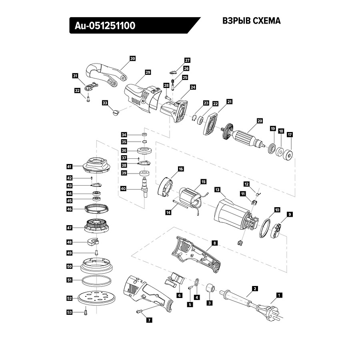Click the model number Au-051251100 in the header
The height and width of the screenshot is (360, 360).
coord(105,26)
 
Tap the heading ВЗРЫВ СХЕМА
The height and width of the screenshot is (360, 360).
coord(251,21)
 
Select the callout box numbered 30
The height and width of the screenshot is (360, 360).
coord(133,58)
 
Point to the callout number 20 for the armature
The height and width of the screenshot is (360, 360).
coord(260,120)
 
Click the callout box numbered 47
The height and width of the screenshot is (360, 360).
coord(69,228)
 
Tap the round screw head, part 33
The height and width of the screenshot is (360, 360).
coord(117,113)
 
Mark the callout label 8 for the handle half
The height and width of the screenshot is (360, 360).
coord(215,243)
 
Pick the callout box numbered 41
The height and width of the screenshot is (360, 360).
coord(69,166)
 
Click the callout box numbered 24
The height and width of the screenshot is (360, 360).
coord(193,87)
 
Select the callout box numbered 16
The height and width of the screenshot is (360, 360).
coord(181,169)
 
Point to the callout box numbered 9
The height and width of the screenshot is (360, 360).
coord(290,214)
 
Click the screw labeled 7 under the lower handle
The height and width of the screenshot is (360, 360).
coord(139,312)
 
